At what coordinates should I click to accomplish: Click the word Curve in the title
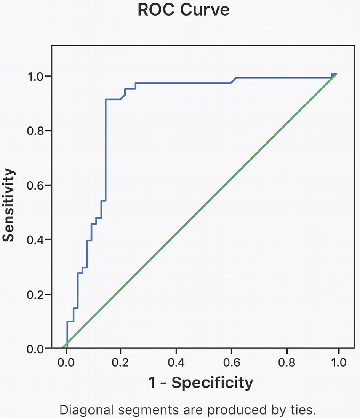(x=205, y=10)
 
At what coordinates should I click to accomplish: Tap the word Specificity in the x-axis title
(x=212, y=383)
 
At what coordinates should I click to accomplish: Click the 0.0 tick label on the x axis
(x=66, y=362)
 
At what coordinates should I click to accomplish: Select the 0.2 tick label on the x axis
(x=121, y=362)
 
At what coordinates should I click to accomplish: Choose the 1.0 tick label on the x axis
(x=338, y=362)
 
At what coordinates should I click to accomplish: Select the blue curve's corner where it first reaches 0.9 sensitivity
(x=106, y=99)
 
